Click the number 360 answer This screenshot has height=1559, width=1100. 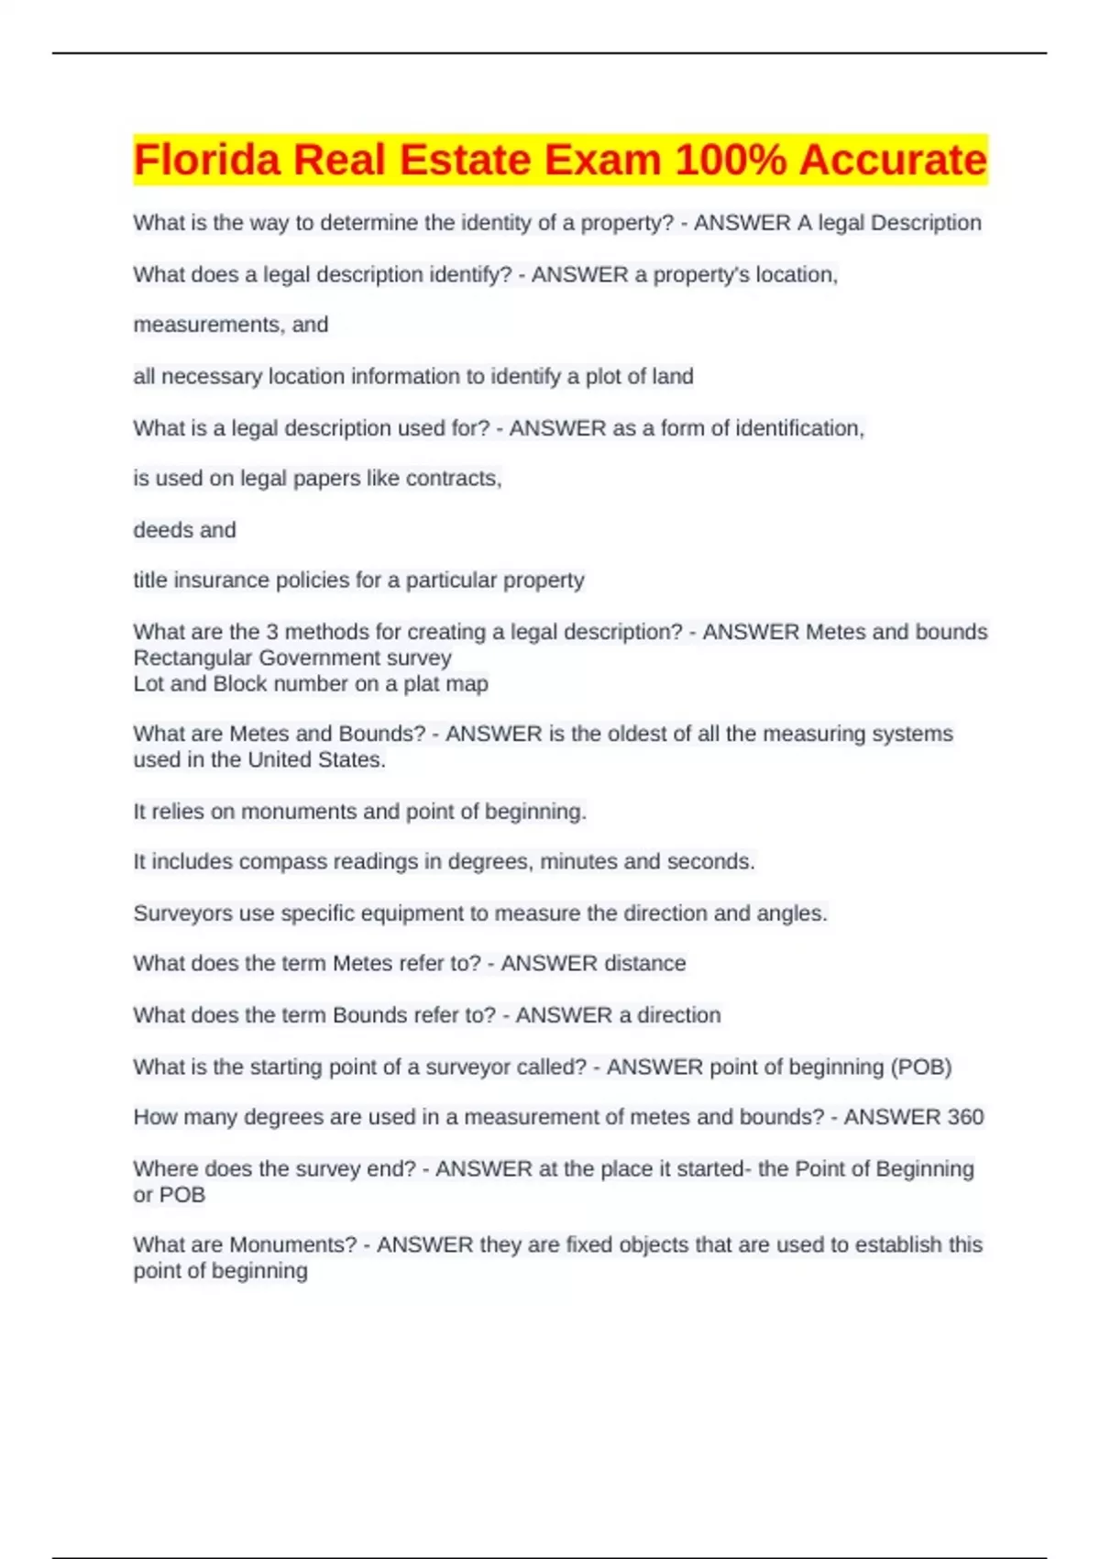tap(965, 1117)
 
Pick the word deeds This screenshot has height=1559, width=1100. tap(158, 530)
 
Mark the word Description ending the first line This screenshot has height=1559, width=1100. tap(926, 223)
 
